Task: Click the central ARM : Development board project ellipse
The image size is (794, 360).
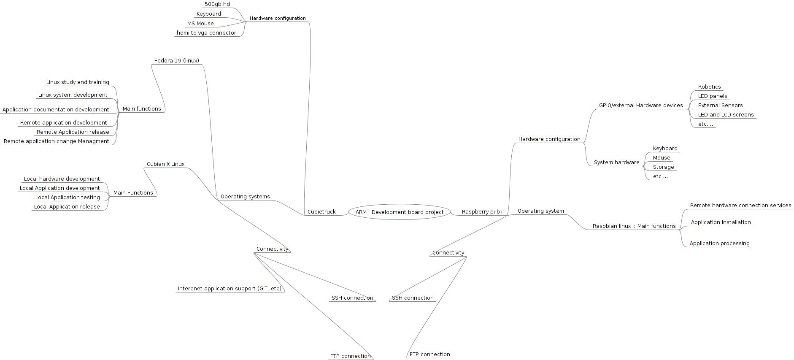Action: (399, 212)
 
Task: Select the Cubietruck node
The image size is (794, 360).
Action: (321, 212)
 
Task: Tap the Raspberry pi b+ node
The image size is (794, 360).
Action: (482, 212)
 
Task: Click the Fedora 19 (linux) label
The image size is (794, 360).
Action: (176, 61)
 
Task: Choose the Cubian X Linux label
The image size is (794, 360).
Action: (165, 164)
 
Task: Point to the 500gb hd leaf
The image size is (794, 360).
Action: (217, 4)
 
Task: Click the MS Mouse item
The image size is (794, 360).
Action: (200, 24)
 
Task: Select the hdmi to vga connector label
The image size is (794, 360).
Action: (206, 33)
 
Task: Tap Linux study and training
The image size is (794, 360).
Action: (78, 82)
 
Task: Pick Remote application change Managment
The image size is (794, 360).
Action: (57, 141)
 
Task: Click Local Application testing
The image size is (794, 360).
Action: (68, 198)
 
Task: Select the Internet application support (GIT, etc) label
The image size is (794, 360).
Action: (229, 289)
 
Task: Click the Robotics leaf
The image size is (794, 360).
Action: (709, 87)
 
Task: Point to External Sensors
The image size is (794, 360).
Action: (720, 106)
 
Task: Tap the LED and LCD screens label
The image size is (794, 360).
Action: (726, 115)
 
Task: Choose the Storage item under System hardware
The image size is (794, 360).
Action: (663, 167)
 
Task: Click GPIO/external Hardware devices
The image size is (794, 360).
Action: (640, 106)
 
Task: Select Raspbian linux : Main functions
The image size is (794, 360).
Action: (634, 226)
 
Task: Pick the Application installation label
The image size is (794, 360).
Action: (721, 222)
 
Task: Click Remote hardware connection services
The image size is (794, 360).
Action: (740, 206)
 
